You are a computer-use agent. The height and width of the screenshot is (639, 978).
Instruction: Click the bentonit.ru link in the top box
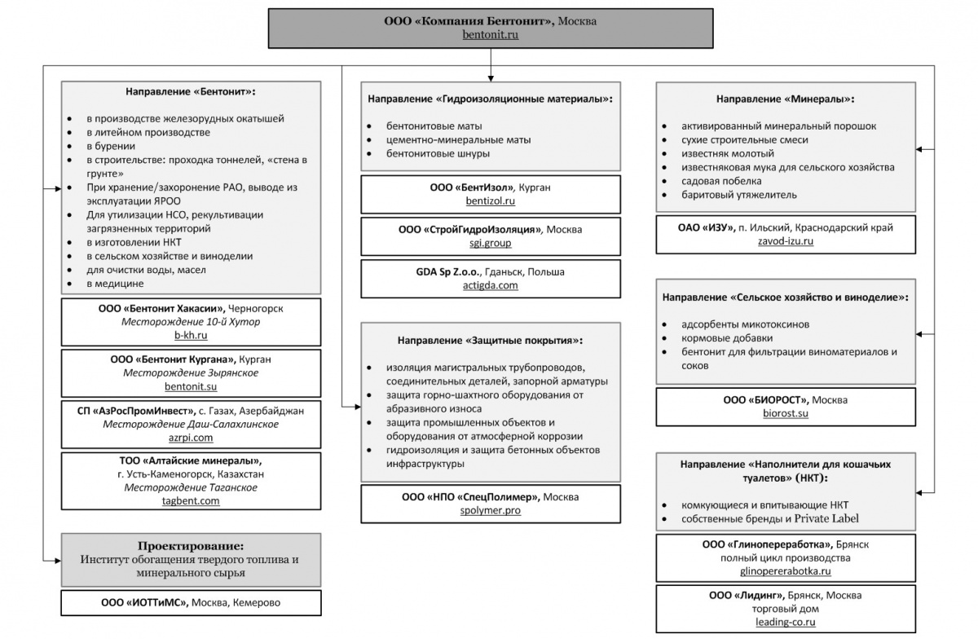tap(491, 34)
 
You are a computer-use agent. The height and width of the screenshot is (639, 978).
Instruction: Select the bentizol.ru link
tap(491, 201)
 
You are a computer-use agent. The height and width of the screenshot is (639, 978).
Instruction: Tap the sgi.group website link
tap(491, 243)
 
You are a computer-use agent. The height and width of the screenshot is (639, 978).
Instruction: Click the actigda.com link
tap(491, 285)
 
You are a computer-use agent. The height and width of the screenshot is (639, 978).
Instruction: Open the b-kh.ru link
tap(191, 335)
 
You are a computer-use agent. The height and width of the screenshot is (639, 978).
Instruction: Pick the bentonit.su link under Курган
tap(191, 386)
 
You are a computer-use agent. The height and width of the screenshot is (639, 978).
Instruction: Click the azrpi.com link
tap(191, 438)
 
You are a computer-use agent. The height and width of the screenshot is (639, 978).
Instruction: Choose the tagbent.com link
tap(191, 501)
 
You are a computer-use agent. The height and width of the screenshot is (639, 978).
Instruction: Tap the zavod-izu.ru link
tap(786, 241)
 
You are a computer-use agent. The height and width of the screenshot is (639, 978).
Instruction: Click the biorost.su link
tap(786, 413)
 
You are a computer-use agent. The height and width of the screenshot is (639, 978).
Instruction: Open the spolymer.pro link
tap(491, 510)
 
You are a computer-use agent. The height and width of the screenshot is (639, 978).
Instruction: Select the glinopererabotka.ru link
tap(786, 571)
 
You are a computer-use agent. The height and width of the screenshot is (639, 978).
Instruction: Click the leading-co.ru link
tap(786, 622)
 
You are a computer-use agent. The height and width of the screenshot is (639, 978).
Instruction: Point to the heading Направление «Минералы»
tap(786, 99)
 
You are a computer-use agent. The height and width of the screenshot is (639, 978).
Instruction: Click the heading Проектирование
tap(191, 546)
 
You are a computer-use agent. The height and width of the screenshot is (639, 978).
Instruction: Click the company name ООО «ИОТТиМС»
tap(144, 603)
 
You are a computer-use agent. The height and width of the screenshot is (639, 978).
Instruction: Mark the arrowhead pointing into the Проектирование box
tap(58, 561)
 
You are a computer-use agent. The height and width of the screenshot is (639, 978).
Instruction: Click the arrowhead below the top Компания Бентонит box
tap(491, 78)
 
